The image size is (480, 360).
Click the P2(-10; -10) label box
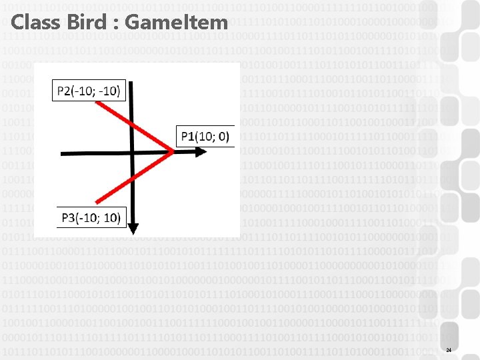click(x=89, y=91)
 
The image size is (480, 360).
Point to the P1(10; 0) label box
click(x=204, y=137)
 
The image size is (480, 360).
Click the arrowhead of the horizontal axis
click(x=201, y=152)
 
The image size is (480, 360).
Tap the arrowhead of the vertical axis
click(x=133, y=229)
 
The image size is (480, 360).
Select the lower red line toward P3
click(x=137, y=177)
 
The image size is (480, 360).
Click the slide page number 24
click(x=449, y=351)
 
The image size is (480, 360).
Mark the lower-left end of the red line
click(x=97, y=201)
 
